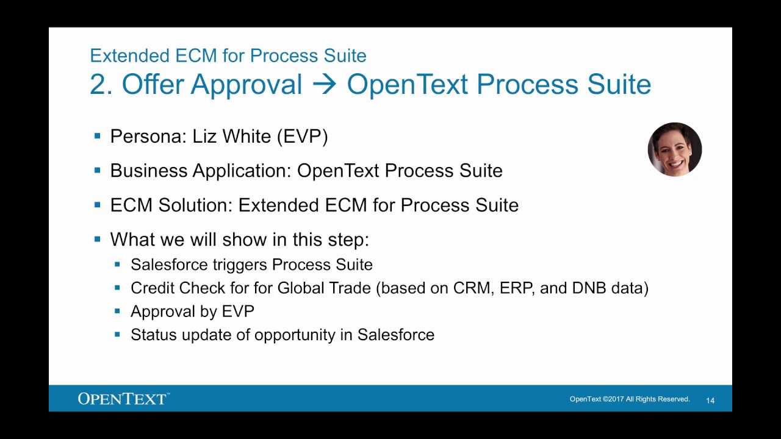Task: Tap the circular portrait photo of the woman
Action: point(674,149)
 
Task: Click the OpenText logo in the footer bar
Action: point(123,399)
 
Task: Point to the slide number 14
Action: point(710,401)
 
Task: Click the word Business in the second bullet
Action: point(149,171)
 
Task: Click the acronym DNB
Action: point(589,288)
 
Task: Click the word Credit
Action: point(153,288)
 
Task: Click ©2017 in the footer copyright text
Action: point(613,399)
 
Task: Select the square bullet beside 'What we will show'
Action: point(98,239)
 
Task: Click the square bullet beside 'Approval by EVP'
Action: point(118,311)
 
